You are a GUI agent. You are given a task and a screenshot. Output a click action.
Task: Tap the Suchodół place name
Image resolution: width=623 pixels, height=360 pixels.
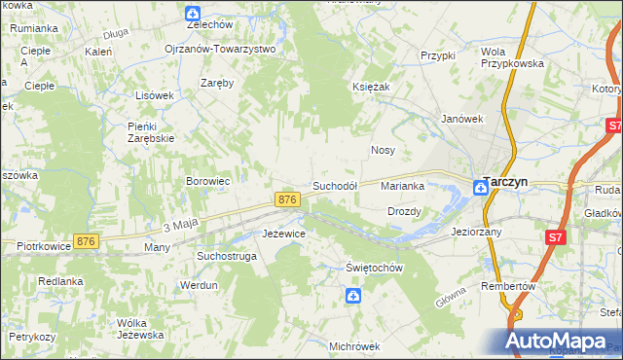tap(335, 185)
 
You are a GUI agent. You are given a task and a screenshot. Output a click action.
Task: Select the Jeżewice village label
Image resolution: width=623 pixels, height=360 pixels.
tap(284, 234)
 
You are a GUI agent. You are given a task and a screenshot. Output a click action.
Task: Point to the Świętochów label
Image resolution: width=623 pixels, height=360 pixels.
tap(375, 268)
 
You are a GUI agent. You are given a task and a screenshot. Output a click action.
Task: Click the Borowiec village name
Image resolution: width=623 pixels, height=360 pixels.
tap(207, 181)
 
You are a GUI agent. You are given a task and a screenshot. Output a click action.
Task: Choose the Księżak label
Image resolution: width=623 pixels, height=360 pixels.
tap(370, 87)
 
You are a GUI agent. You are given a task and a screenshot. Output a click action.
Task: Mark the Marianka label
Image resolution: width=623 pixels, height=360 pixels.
tap(402, 185)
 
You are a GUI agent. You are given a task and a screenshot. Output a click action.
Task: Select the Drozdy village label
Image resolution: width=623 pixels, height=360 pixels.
tap(404, 211)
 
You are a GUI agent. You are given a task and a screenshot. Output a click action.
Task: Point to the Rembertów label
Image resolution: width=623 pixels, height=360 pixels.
tap(509, 287)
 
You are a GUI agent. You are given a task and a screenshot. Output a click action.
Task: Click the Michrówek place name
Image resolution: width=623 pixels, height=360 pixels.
tap(353, 345)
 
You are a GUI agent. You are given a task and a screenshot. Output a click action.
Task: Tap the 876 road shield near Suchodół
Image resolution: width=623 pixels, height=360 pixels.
tap(286, 198)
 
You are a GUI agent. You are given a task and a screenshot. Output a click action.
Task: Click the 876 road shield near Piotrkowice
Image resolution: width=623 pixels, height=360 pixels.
tap(87, 241)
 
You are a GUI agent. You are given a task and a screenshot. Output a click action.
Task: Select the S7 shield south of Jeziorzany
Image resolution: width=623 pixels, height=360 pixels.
tap(554, 236)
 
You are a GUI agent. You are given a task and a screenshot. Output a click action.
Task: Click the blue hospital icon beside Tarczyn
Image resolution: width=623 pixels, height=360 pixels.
tap(480, 188)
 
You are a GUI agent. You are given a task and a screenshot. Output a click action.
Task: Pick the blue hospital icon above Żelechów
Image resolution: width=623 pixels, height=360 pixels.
tap(193, 13)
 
